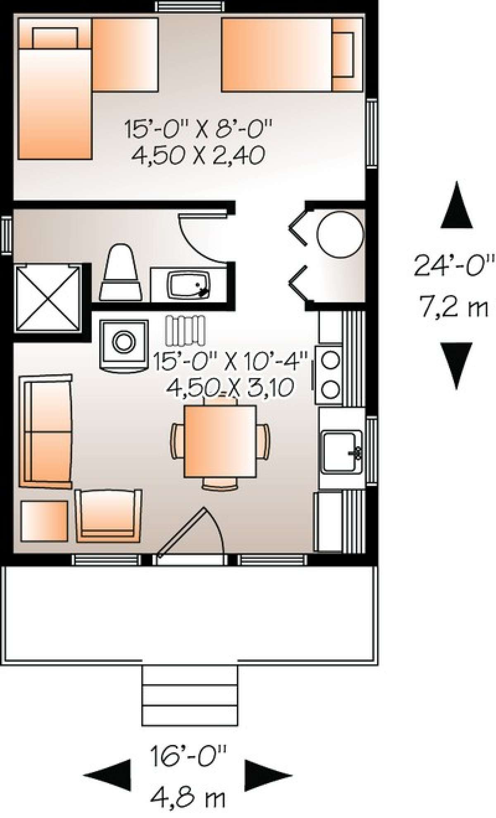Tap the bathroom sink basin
tap(188, 285)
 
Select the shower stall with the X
tap(48, 298)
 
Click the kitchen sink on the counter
tap(342, 452)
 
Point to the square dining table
tap(220, 441)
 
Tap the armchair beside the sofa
tap(108, 515)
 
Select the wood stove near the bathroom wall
tap(124, 343)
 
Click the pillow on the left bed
tap(55, 38)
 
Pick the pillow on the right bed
tap(343, 54)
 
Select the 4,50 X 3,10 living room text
tap(230, 387)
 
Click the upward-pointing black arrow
tap(456, 207)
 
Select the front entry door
tap(182, 533)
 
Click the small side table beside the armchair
tap(44, 521)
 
